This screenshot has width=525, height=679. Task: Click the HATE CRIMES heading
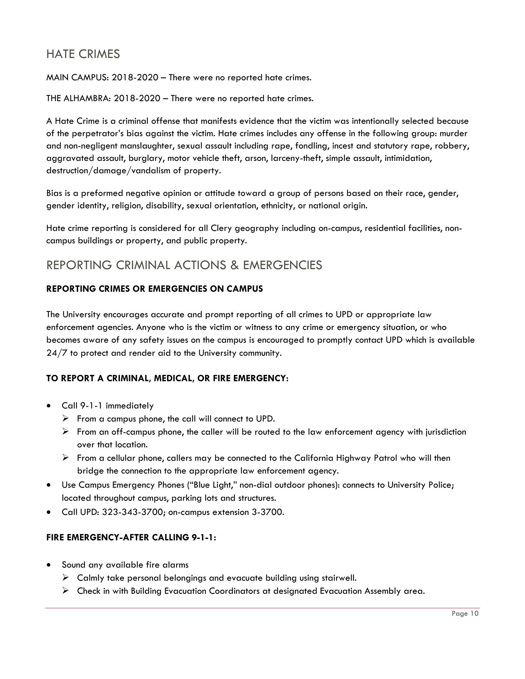coord(83,54)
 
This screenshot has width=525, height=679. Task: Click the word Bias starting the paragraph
coord(53,193)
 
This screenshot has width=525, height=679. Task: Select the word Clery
coord(221,228)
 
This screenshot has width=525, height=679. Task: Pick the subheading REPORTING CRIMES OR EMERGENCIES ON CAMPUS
coord(155,289)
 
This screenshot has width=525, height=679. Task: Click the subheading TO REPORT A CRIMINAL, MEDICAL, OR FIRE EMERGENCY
coord(167,378)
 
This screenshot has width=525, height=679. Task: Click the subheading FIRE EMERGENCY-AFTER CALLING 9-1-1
coord(131,538)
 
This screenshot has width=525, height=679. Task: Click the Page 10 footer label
coord(465,614)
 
